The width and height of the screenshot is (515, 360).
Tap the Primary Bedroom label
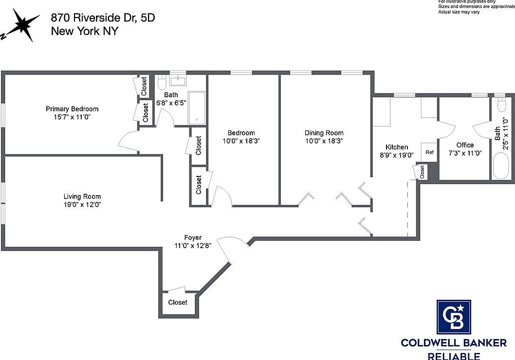[x=72, y=108]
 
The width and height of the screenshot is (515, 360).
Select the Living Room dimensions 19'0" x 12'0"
[x=82, y=204]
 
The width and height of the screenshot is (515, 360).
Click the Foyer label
[x=193, y=237]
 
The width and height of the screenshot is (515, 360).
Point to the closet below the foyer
[x=178, y=302]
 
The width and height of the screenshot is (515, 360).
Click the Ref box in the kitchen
[x=429, y=152]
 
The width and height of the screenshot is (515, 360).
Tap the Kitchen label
[x=397, y=147]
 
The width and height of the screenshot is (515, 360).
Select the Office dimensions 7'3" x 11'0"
[x=465, y=152]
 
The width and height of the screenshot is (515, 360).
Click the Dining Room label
[x=324, y=133]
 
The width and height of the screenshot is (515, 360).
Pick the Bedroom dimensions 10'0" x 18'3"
[x=241, y=141]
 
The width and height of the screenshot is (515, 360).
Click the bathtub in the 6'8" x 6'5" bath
[x=196, y=108]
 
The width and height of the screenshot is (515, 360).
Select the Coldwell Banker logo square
[x=454, y=317]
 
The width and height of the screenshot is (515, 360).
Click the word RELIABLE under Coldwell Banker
[x=454, y=356]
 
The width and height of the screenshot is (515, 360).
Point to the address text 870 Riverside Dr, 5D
[x=103, y=18]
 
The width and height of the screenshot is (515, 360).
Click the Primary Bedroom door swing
[x=128, y=142]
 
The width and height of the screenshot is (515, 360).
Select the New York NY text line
[x=84, y=31]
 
